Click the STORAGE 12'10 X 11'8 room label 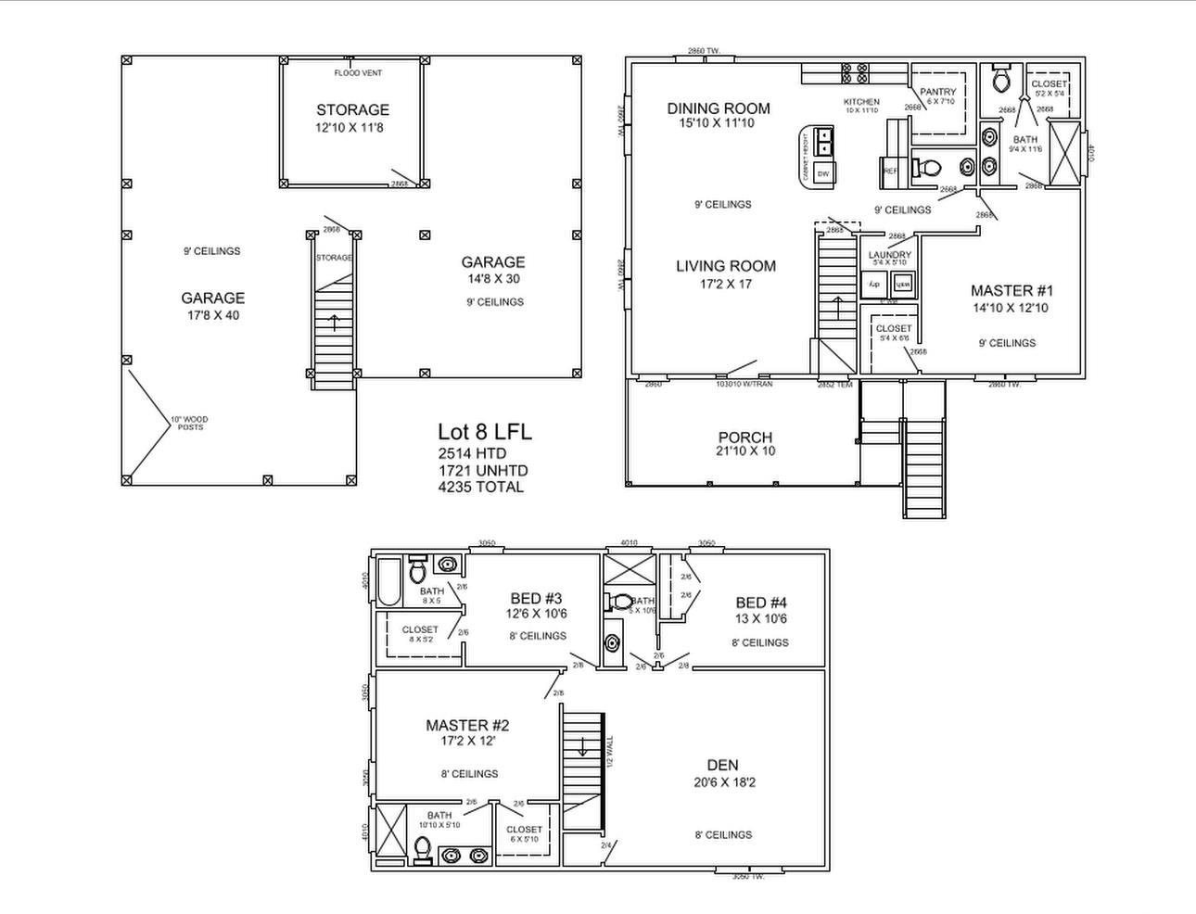point(351,118)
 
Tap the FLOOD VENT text point(358,73)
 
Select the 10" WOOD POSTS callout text point(190,423)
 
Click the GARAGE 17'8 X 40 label point(212,306)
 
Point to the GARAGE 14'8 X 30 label point(492,270)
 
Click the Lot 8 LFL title point(484,432)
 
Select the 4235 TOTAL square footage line point(480,487)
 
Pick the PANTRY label point(937,93)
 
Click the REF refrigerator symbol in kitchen point(890,171)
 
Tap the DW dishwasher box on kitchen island point(822,174)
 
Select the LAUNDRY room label point(889,256)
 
